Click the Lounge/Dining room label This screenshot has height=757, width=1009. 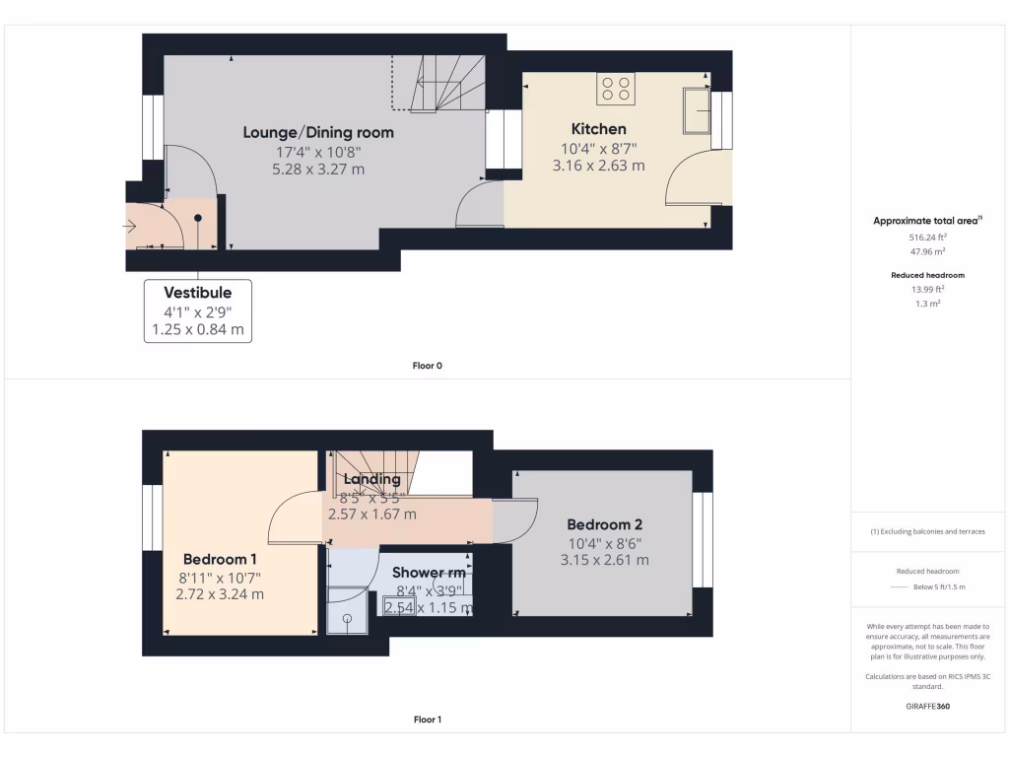coord(318,132)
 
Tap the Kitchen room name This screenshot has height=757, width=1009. coord(598,129)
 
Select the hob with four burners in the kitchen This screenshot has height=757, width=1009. coord(616,89)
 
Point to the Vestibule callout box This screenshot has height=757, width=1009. coord(198,310)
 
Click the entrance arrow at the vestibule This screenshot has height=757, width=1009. coord(130,227)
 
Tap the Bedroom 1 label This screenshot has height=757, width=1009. coord(220,559)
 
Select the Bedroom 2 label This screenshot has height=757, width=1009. coord(604,524)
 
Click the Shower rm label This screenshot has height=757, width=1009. coord(429,572)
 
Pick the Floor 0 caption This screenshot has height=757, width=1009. coord(427,366)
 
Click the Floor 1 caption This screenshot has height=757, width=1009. coord(427,720)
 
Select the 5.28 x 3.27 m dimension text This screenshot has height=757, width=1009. coord(318,169)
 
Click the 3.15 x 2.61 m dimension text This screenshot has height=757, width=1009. coord(604,560)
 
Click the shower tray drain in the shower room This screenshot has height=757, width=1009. coord(347,619)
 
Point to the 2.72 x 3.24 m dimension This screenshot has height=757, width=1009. coord(220,594)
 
